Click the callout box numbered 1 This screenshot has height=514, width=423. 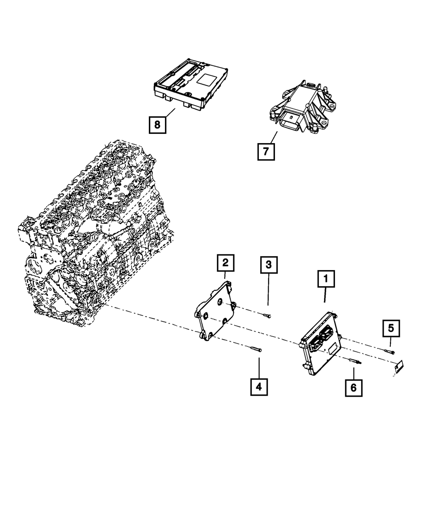326,279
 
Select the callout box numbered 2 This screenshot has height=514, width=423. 225,263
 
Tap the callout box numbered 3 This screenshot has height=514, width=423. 268,266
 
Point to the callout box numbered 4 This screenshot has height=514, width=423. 259,387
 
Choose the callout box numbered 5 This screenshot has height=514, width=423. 391,327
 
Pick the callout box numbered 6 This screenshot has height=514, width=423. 354,387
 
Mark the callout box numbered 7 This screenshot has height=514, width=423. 266,152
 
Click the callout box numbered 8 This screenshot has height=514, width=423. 157,124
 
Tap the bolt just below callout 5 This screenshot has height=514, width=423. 390,351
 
